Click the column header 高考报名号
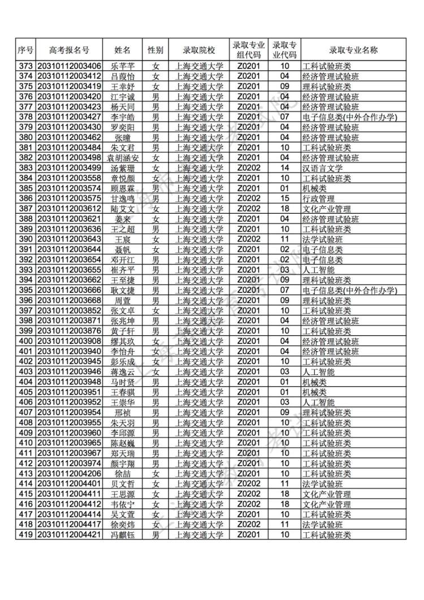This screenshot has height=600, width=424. (69, 50)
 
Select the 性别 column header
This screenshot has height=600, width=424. (155, 50)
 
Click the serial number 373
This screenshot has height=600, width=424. (25, 66)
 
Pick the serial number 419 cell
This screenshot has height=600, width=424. (25, 534)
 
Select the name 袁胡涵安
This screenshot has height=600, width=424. (123, 158)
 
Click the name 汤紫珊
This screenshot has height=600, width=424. (123, 168)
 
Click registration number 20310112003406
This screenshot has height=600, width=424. (69, 66)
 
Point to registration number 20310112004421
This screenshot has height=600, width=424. (69, 534)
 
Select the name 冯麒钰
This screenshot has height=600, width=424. (123, 534)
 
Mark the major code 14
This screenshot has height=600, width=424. (285, 168)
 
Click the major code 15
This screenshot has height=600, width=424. (285, 198)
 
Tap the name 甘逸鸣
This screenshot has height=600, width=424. (123, 198)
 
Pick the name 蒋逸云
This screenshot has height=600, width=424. (123, 372)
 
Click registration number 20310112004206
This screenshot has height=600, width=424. (69, 473)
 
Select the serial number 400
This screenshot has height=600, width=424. (25, 341)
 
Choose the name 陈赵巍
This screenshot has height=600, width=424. (123, 443)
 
